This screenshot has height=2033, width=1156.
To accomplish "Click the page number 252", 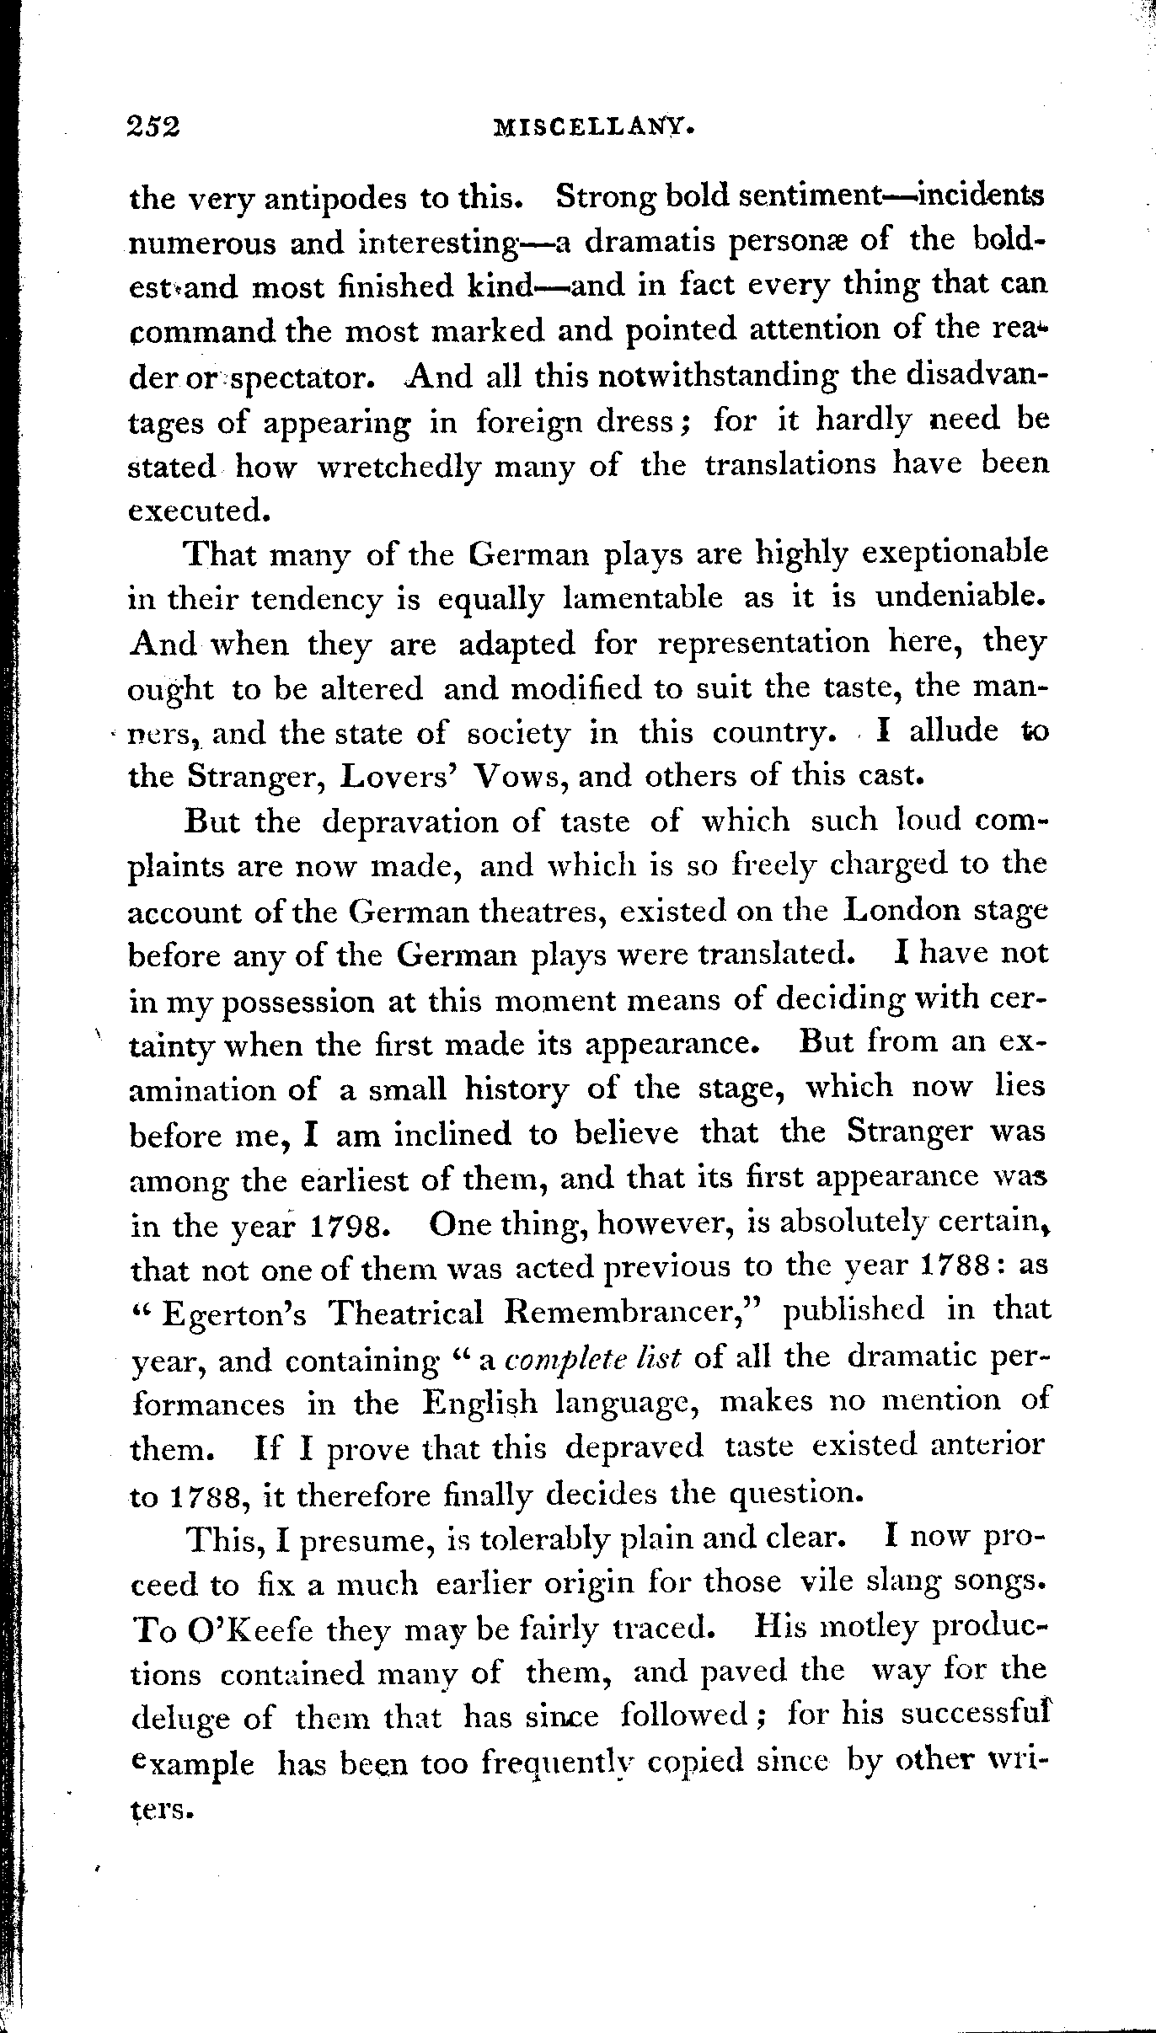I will pos(153,126).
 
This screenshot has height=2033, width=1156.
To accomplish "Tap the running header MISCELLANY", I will pos(593,127).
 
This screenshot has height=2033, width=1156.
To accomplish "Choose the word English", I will pos(479,1403).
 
